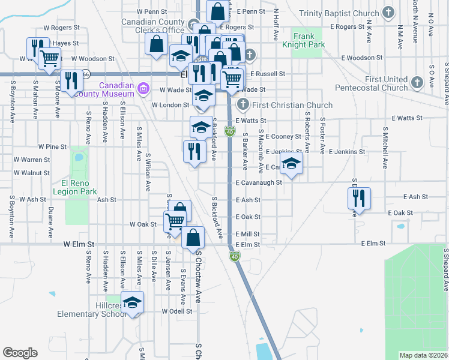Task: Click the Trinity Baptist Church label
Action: [340, 13]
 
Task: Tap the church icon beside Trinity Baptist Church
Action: [388, 13]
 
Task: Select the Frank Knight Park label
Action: [304, 40]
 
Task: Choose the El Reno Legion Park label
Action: [75, 187]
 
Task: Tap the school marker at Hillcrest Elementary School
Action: [133, 302]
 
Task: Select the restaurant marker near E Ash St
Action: [359, 199]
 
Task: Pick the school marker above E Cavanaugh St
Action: [291, 164]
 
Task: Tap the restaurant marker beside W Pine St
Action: [194, 150]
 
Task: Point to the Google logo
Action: [20, 353]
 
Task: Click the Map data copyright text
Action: [423, 355]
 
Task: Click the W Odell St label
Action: [177, 311]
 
